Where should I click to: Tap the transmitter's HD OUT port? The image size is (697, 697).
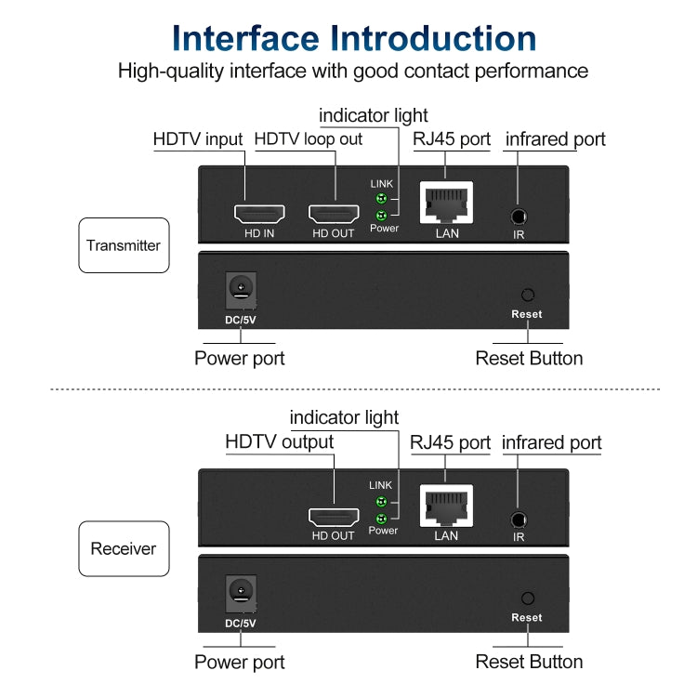333,214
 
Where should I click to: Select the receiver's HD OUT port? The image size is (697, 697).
333,518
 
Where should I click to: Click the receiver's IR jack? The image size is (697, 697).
518,520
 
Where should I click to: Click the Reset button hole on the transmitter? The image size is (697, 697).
527,296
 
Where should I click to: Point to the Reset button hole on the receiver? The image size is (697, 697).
527,598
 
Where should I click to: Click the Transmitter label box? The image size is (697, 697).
124,245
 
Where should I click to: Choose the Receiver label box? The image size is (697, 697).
124,548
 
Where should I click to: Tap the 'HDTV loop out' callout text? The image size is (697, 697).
309,139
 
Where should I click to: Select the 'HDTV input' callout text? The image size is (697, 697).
198,139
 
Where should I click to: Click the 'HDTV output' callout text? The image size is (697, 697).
279,442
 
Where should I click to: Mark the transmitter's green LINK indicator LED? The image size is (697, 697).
379,198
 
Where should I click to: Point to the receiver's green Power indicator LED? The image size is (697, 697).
379,518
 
